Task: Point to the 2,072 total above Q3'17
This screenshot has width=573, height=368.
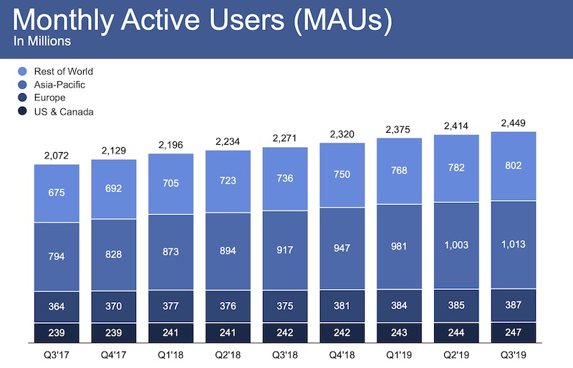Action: pyautogui.click(x=57, y=155)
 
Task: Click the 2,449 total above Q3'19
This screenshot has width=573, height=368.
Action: pyautogui.click(x=514, y=123)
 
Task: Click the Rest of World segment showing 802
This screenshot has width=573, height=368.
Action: pyautogui.click(x=514, y=166)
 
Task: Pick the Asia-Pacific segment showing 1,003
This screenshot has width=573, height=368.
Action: pyautogui.click(x=456, y=245)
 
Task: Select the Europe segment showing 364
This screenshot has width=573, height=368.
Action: pyautogui.click(x=57, y=307)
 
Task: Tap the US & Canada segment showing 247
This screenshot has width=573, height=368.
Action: pyautogui.click(x=514, y=333)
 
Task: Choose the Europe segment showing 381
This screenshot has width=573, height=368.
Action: pyautogui.click(x=342, y=306)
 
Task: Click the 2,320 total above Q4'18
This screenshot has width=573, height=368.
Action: pyautogui.click(x=342, y=133)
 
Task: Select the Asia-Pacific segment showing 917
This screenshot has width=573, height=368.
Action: pyautogui.click(x=285, y=250)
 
